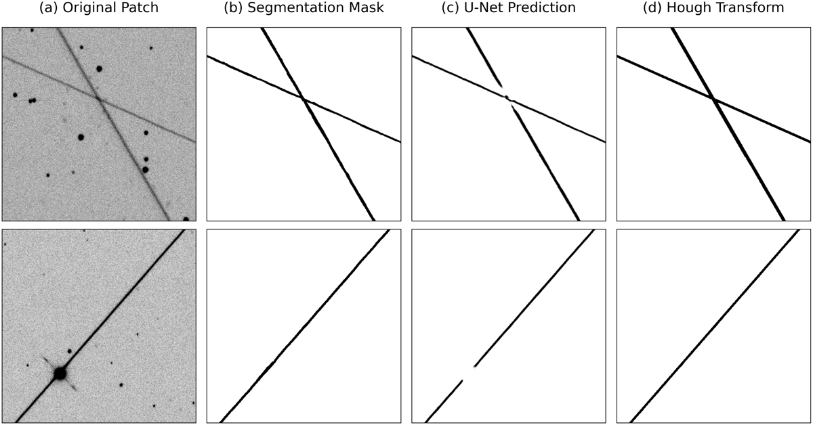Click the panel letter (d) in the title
coord(653,7)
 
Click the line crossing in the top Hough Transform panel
coord(713,99)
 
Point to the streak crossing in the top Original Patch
coord(99,99)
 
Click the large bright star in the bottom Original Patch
coord(60,374)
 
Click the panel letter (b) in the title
coord(234,7)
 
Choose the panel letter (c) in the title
coord(451,7)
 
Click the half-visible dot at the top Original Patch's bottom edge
coord(186,219)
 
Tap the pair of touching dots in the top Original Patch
coord(33,100)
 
